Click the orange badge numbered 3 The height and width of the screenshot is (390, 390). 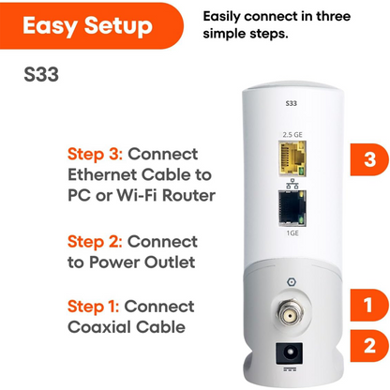(x=363, y=161)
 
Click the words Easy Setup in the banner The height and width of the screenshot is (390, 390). (x=86, y=25)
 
